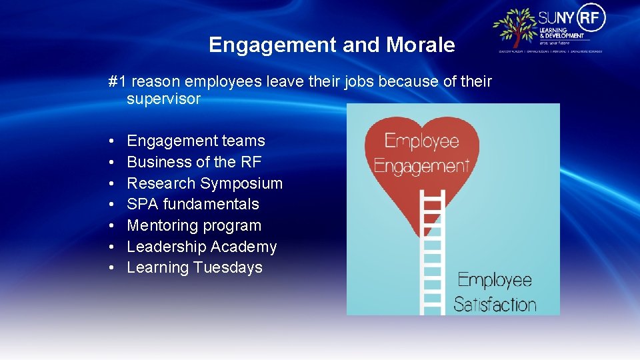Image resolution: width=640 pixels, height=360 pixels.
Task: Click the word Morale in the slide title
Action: click(419, 45)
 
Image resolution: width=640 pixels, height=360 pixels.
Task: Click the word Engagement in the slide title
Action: click(273, 45)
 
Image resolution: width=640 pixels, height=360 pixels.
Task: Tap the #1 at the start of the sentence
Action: click(117, 82)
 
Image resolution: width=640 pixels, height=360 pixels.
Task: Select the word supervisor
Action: click(163, 99)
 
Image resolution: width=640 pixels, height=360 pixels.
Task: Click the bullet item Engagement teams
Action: click(195, 141)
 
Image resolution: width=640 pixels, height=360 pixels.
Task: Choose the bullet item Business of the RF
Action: click(194, 162)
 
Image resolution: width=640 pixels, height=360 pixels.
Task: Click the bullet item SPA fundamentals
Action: click(193, 204)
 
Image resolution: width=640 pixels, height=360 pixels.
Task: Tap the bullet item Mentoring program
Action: click(194, 225)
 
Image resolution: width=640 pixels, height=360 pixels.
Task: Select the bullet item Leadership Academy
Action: click(201, 247)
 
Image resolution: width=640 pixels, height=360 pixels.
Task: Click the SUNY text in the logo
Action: click(555, 17)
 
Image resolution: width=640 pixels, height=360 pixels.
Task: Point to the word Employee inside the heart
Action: click(421, 141)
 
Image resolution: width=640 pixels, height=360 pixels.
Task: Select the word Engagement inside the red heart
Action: click(421, 165)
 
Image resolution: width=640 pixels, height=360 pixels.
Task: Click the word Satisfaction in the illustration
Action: click(495, 305)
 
